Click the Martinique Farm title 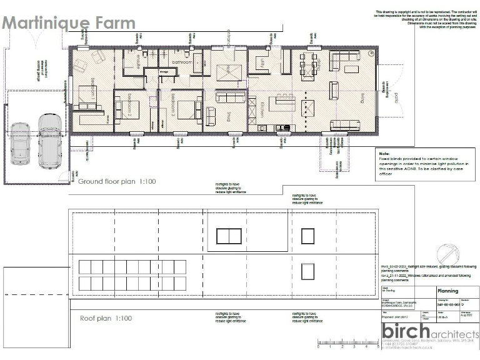point(68,23)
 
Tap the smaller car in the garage point(20,144)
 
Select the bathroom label point(182,63)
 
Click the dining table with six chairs point(309,64)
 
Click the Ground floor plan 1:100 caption point(116,181)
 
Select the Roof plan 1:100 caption point(106,318)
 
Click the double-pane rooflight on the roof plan point(229,236)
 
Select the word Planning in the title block point(447,291)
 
